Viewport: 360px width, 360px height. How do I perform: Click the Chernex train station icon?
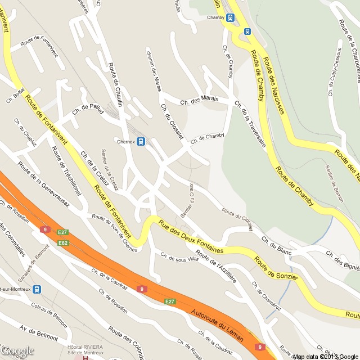pyautogui.click(x=141, y=141)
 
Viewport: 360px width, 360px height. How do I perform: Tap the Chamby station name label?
pyautogui.click(x=215, y=17)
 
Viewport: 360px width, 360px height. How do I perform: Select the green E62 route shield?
pyautogui.click(x=62, y=242)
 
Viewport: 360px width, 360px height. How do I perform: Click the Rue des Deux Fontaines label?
pyautogui.click(x=191, y=236)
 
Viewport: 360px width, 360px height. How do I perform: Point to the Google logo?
pyautogui.click(x=17, y=351)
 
